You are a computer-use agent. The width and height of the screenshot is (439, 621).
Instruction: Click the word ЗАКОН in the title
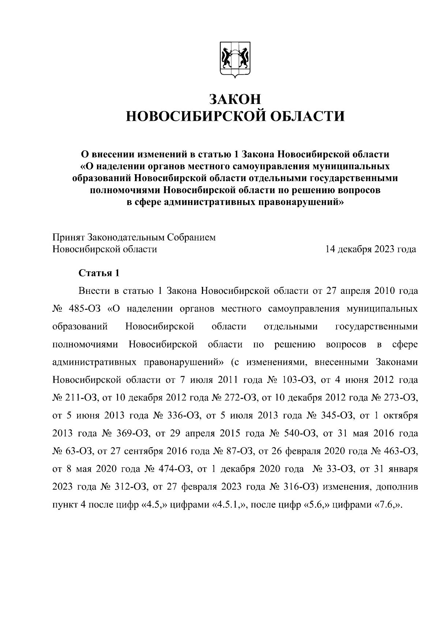tap(235, 99)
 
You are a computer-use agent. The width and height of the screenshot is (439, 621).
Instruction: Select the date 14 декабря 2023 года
tap(371, 250)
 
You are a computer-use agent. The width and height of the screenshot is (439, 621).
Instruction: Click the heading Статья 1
tap(99, 273)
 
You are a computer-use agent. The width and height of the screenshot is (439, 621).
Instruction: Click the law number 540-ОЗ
tap(299, 434)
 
